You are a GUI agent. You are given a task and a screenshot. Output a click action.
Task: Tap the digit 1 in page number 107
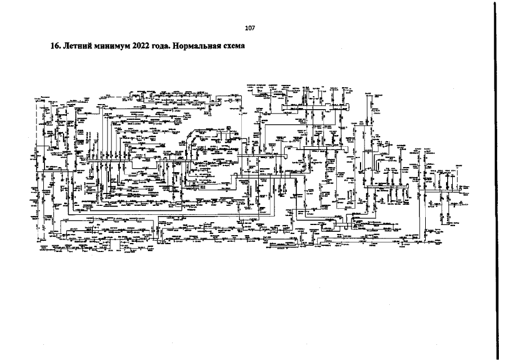click(x=246, y=27)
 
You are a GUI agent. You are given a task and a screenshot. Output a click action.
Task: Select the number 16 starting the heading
click(x=55, y=46)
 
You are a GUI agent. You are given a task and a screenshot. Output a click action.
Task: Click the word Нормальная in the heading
click(x=199, y=46)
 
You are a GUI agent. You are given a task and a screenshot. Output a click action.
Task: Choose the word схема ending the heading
click(x=235, y=46)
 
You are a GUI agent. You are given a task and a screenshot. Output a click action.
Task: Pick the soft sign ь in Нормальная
click(x=205, y=47)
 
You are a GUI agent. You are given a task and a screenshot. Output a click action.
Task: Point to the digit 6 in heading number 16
click(x=57, y=46)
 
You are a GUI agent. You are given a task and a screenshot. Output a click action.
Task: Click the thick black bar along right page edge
click(x=496, y=180)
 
